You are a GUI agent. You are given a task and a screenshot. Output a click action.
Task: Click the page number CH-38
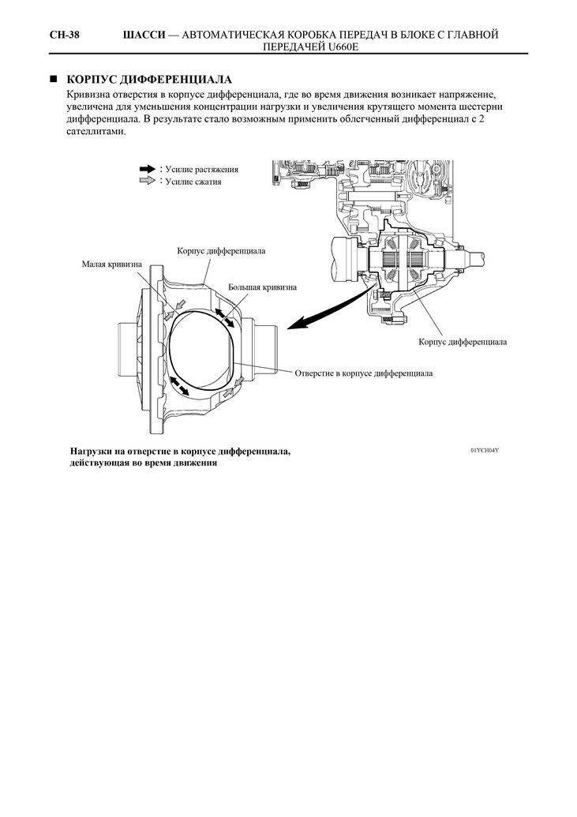click(65, 35)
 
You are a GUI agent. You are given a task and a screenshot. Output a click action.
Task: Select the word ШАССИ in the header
click(144, 35)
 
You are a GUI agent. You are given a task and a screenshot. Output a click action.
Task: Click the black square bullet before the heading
click(53, 80)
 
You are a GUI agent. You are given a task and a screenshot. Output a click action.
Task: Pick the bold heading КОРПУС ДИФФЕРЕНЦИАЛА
click(149, 80)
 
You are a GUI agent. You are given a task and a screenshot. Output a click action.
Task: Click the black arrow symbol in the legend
click(148, 169)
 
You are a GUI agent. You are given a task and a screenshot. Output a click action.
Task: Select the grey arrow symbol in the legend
click(148, 181)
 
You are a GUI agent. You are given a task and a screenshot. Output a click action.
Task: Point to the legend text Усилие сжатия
click(193, 182)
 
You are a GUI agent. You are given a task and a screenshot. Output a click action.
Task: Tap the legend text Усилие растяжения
click(202, 170)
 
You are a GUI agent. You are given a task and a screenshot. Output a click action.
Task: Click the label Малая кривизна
click(111, 264)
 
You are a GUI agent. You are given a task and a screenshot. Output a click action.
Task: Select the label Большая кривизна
click(262, 287)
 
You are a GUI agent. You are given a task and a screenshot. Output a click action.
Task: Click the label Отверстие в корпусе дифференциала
click(364, 373)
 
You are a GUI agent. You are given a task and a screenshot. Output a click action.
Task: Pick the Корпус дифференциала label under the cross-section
click(463, 342)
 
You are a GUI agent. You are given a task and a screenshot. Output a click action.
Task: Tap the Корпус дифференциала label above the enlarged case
click(221, 251)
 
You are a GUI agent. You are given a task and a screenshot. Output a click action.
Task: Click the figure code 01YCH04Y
click(485, 450)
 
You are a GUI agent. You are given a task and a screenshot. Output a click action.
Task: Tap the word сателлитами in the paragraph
click(96, 131)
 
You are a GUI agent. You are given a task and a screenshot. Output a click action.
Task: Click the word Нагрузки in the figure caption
click(90, 452)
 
